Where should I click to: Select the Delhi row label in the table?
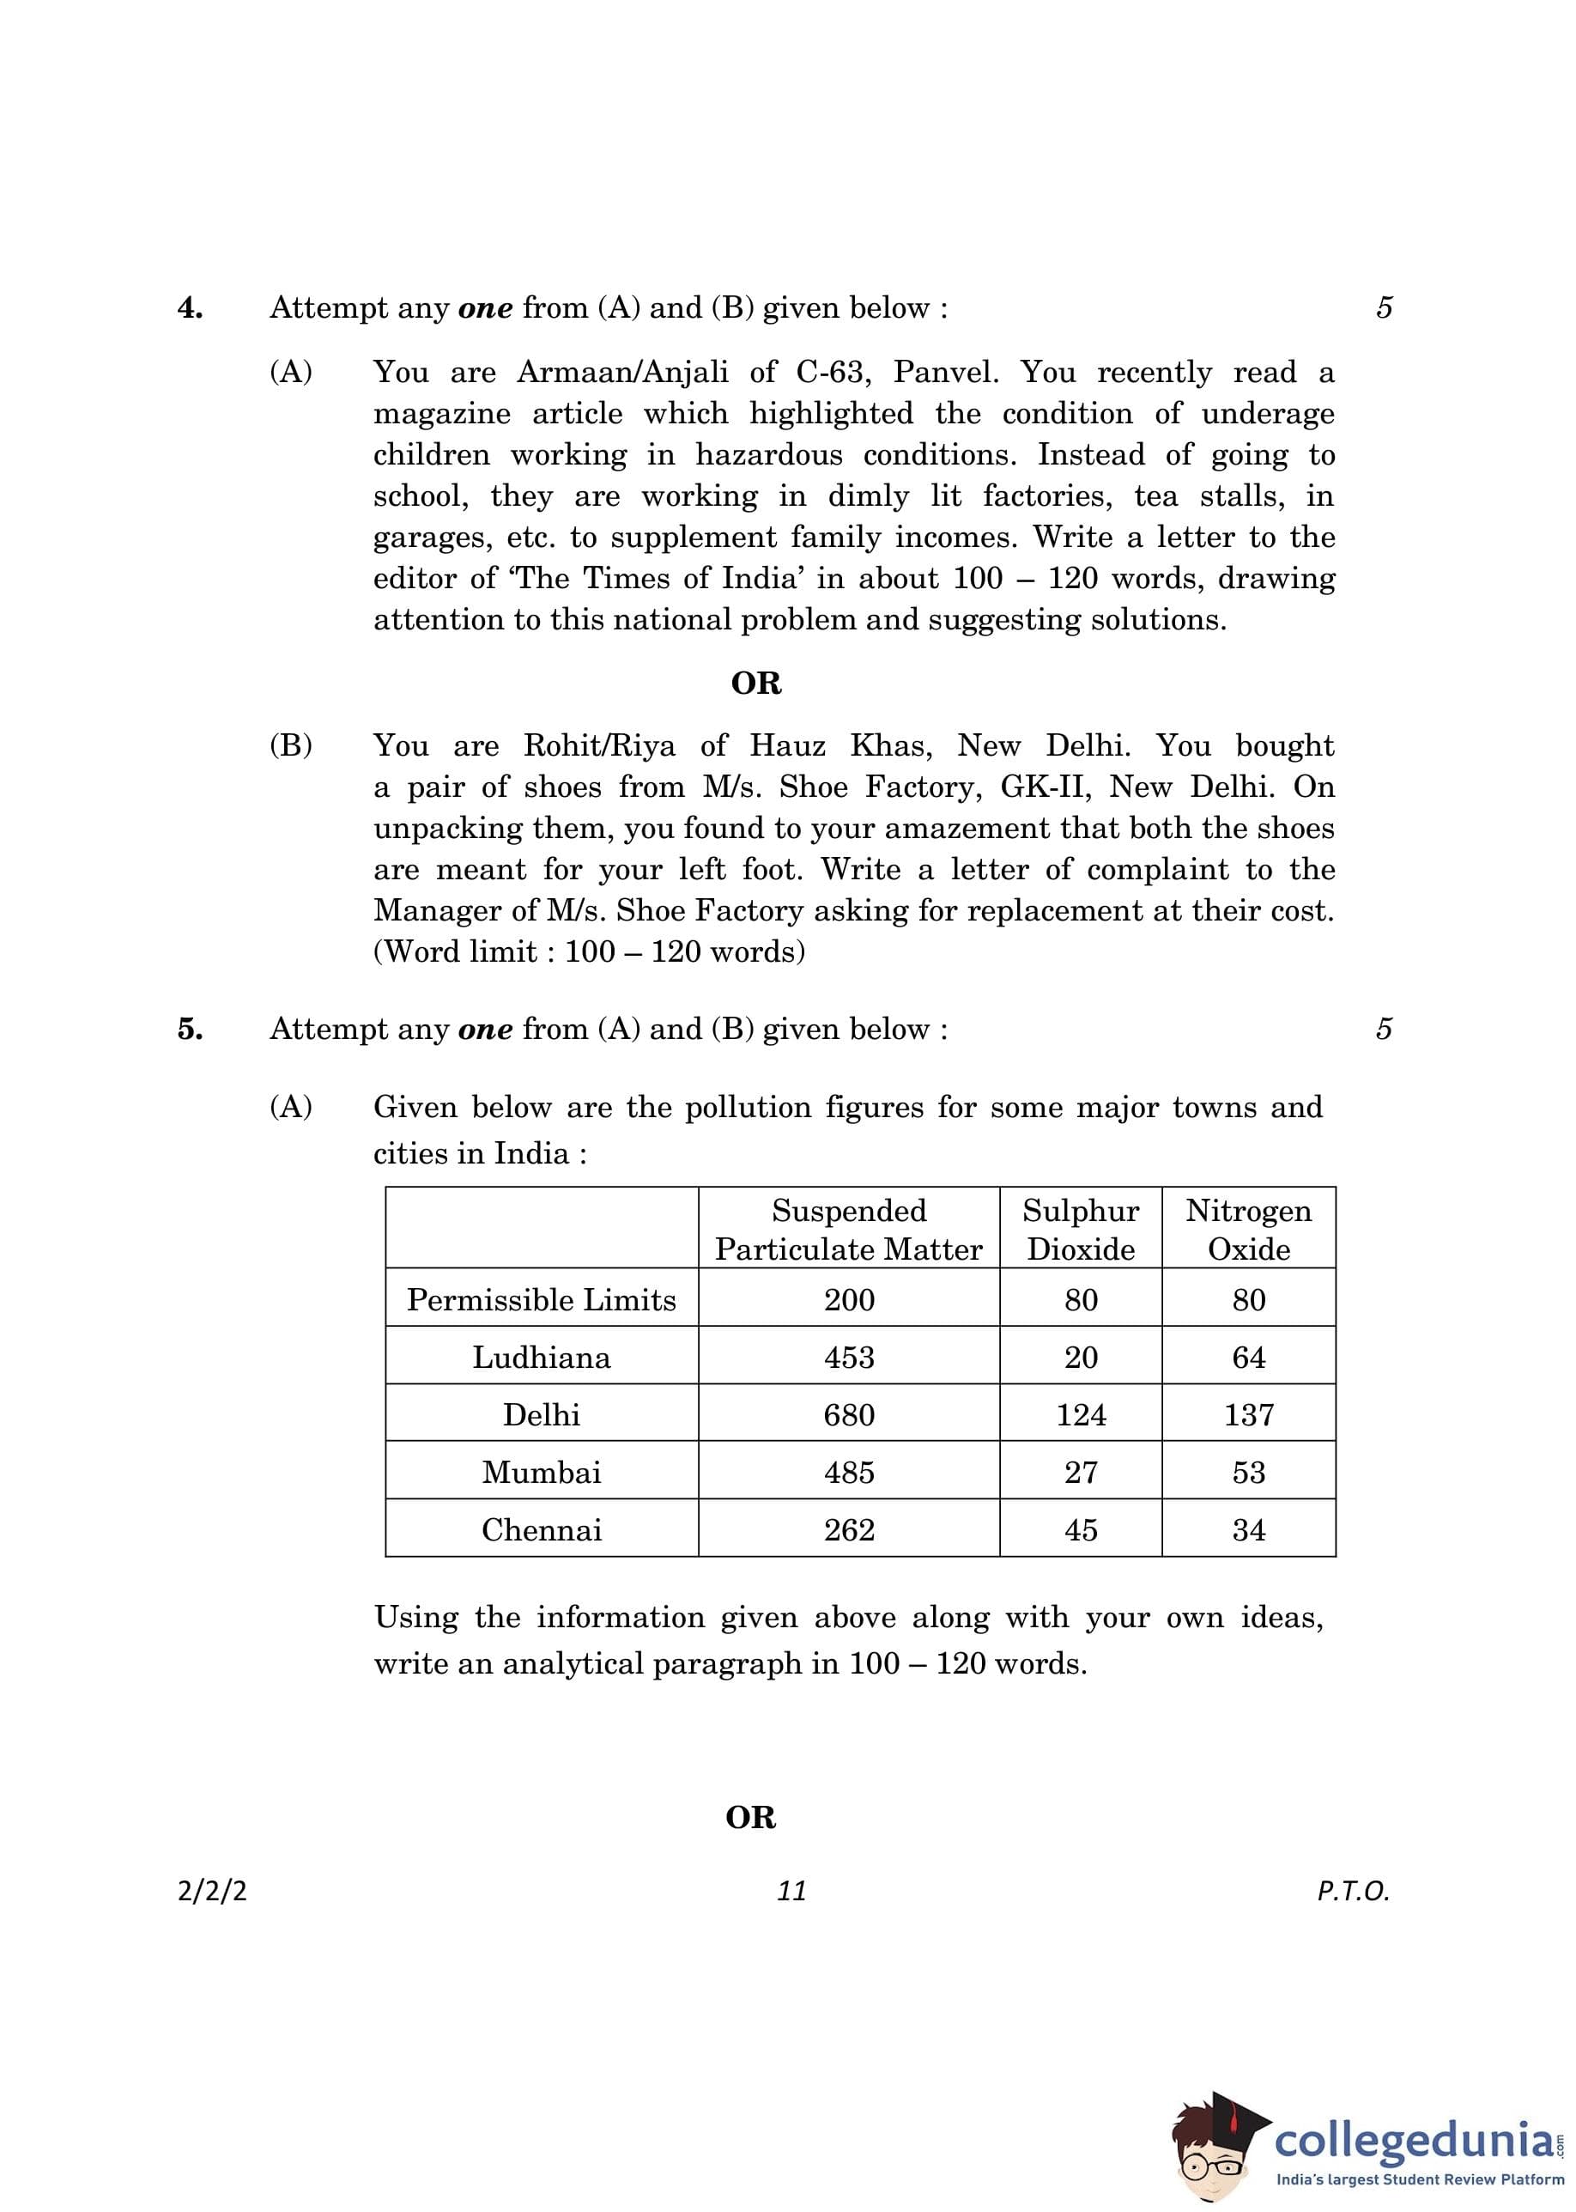pyautogui.click(x=542, y=1414)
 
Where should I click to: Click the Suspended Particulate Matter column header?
pyautogui.click(x=848, y=1229)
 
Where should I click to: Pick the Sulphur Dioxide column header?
pyautogui.click(x=1080, y=1229)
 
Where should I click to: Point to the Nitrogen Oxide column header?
pyautogui.click(x=1248, y=1229)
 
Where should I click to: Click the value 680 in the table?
pyautogui.click(x=849, y=1414)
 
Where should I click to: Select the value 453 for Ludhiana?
pyautogui.click(x=849, y=1357)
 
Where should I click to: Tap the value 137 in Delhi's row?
pyautogui.click(x=1248, y=1414)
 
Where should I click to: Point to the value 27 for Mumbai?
pyautogui.click(x=1080, y=1473)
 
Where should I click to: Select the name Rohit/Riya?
pyautogui.click(x=599, y=745)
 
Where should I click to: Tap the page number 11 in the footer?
pyautogui.click(x=792, y=1891)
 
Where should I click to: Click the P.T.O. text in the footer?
pyautogui.click(x=1353, y=1891)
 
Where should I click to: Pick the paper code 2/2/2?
pyautogui.click(x=211, y=1891)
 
